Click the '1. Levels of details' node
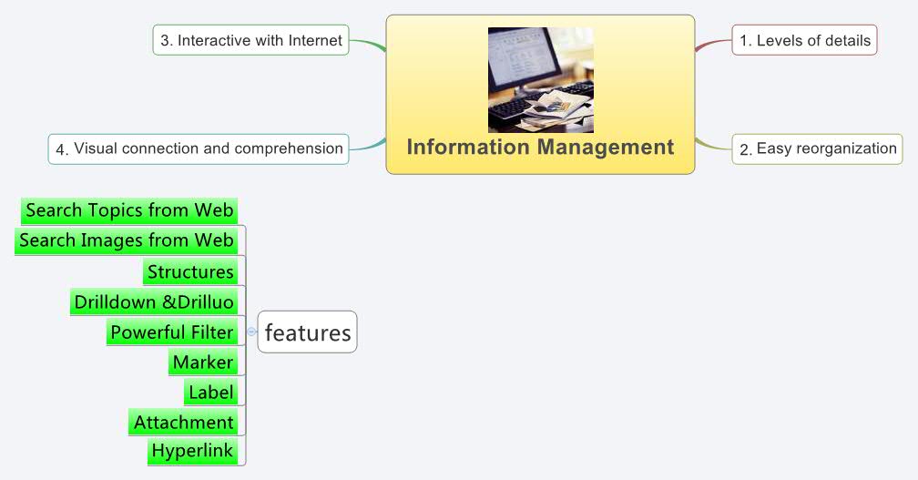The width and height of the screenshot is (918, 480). (x=804, y=40)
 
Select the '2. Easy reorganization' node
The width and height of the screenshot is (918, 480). (x=817, y=148)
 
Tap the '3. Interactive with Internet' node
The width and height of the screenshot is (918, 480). (x=250, y=40)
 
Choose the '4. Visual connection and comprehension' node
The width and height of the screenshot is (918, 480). (x=199, y=148)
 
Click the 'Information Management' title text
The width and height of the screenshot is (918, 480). (x=540, y=147)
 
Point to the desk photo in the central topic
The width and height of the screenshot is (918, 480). (x=540, y=80)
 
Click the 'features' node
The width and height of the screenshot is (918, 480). (x=307, y=332)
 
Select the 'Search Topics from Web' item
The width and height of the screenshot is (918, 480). (x=129, y=210)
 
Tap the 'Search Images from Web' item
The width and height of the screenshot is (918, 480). (x=127, y=240)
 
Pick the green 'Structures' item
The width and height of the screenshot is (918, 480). (x=190, y=271)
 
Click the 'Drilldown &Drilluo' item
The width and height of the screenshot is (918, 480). (x=154, y=301)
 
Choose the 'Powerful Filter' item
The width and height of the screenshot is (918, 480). (x=172, y=332)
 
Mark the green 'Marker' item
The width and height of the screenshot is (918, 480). (x=203, y=363)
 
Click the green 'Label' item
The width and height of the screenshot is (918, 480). (x=211, y=393)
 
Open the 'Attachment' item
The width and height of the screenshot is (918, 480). (x=184, y=423)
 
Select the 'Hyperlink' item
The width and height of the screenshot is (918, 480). (x=192, y=451)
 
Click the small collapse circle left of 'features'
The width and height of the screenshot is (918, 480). (x=251, y=332)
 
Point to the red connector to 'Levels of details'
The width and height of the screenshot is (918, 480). (x=713, y=44)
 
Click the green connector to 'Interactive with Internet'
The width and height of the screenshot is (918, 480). (x=367, y=43)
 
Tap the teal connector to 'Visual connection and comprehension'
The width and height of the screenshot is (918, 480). (x=367, y=146)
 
